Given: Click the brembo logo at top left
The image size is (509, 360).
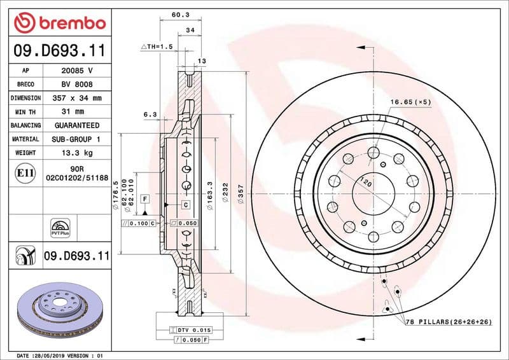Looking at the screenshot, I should click(59, 23).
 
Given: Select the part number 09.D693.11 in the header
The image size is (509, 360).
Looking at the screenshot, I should click(59, 50).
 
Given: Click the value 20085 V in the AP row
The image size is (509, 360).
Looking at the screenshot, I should click(77, 71).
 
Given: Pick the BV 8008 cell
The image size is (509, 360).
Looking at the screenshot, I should click(77, 85).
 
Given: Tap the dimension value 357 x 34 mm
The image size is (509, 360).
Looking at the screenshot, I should click(77, 99).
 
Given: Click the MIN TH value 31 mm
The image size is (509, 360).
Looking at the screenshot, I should click(77, 112).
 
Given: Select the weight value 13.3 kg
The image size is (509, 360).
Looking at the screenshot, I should click(77, 153).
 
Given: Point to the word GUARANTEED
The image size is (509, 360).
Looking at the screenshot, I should click(77, 125).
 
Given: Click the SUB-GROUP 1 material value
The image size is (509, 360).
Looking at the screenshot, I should click(77, 139).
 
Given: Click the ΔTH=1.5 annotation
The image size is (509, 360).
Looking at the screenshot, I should click(157, 46).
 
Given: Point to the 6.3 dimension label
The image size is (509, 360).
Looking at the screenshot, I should click(150, 114).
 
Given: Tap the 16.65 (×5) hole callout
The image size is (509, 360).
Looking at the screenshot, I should click(410, 102).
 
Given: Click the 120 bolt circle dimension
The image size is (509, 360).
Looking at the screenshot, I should click(366, 182).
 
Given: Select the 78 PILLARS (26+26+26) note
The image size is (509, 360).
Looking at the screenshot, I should click(448, 323).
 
